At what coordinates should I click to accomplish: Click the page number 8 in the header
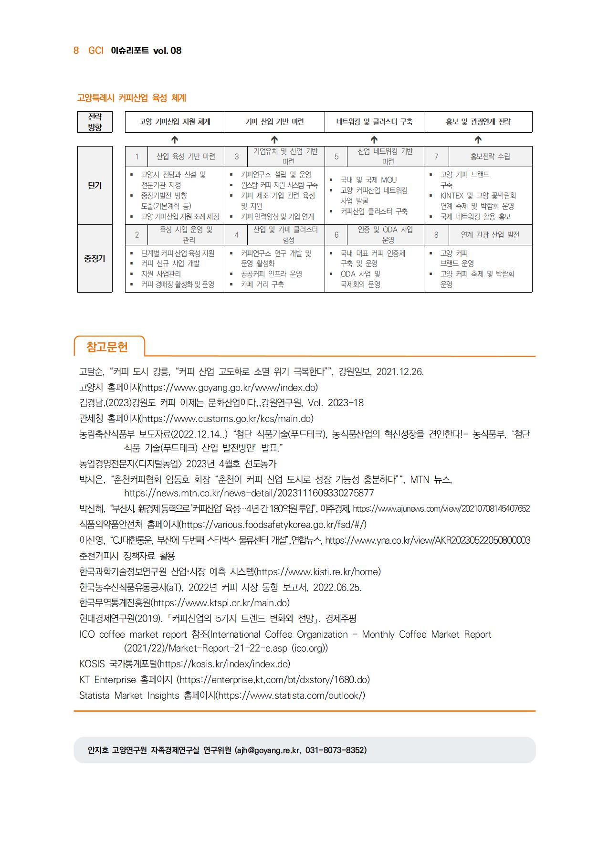(x=76, y=51)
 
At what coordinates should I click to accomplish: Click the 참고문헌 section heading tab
(x=107, y=347)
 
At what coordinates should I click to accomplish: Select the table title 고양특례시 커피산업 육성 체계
(x=132, y=98)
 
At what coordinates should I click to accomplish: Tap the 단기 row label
(x=95, y=185)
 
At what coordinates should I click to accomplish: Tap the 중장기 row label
(x=95, y=259)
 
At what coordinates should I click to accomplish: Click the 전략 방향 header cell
(x=95, y=122)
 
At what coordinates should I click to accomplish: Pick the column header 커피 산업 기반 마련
(x=274, y=122)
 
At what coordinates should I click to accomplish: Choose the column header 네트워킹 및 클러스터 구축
(x=374, y=122)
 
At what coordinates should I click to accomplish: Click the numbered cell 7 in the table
(x=436, y=157)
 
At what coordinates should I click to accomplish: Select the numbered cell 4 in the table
(x=237, y=235)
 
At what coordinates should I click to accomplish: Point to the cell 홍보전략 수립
(x=490, y=157)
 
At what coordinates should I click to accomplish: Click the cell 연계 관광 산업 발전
(x=490, y=235)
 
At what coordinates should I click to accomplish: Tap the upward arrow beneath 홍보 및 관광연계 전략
(x=478, y=139)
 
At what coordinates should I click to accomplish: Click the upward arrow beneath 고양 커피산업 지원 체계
(x=175, y=139)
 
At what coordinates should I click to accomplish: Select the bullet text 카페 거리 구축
(x=262, y=285)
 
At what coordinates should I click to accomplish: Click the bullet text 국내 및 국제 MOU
(x=368, y=180)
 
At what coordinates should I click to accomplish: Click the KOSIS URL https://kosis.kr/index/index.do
(x=225, y=664)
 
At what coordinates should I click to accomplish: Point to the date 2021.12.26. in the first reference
(x=400, y=372)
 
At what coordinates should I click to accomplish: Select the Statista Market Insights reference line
(x=222, y=696)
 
